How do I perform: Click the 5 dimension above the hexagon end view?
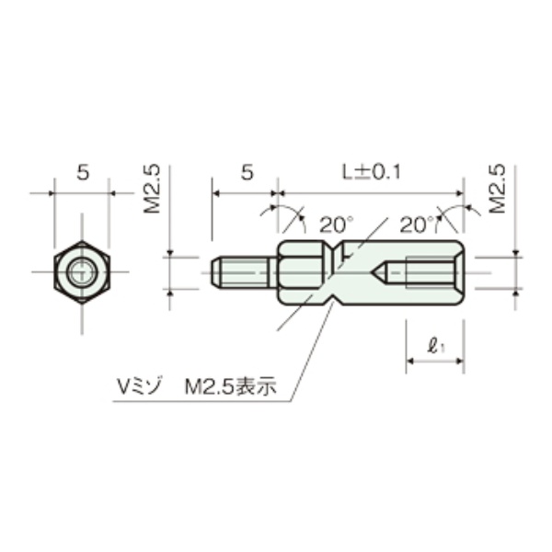[82, 172]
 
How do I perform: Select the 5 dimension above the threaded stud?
[246, 172]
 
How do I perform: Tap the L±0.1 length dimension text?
[369, 171]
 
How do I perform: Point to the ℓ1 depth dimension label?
[436, 347]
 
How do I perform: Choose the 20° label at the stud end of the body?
[336, 224]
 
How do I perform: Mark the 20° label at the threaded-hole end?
[417, 224]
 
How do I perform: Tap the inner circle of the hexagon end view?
[82, 272]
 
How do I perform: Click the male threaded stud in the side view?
[244, 272]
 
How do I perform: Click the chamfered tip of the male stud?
[217, 272]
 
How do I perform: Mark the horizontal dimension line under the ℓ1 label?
[434, 361]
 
